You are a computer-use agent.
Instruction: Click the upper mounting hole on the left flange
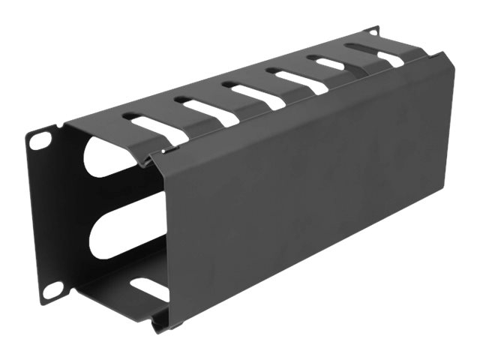coord(40,139)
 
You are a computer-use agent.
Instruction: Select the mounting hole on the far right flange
coord(371,32)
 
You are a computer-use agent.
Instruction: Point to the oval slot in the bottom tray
coord(148,288)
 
